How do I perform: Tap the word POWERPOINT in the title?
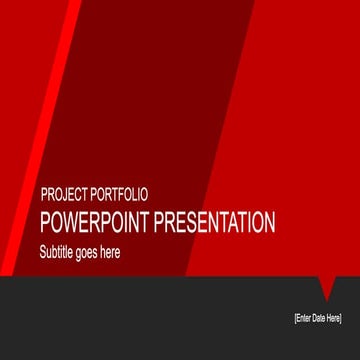pos(93,223)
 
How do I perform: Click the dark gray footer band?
pos(150,320)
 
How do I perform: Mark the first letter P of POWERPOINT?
pos(44,223)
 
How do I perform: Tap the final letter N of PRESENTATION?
pos(270,223)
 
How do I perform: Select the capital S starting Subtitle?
pos(43,252)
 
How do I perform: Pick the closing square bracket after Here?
pos(342,317)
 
